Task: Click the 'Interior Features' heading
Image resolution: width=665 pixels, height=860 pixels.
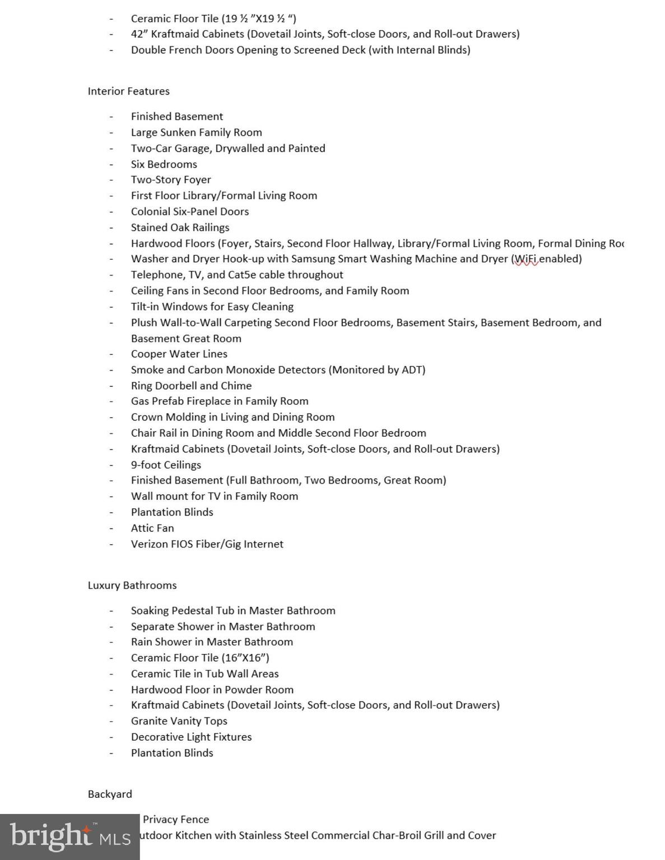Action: [128, 91]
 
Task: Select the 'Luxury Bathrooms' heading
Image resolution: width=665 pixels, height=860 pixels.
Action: [132, 585]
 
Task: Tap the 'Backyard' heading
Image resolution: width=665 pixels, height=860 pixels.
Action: [110, 794]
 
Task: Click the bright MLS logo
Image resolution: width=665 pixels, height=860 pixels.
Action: [69, 837]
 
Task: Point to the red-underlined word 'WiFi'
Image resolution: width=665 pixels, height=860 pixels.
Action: [526, 259]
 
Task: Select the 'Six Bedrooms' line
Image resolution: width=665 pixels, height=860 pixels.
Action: [164, 164]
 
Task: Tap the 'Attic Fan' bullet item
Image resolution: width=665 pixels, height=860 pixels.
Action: [152, 528]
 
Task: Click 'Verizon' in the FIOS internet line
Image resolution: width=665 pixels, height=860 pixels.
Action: [150, 544]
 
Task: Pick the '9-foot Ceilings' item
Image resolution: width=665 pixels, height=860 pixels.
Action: [166, 465]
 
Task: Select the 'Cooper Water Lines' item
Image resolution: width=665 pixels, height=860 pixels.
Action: [179, 354]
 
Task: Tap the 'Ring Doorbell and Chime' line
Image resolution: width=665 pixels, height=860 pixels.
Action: [191, 386]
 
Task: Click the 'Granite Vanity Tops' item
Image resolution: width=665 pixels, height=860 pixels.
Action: [179, 721]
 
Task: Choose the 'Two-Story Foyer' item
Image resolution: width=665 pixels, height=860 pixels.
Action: [171, 180]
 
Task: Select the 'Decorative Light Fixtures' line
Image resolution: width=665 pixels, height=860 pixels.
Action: [191, 737]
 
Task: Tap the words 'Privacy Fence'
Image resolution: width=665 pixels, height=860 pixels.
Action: [176, 820]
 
